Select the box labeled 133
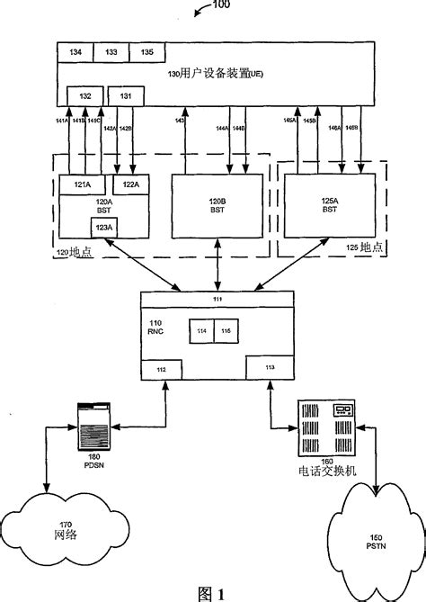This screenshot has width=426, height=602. pyautogui.click(x=111, y=53)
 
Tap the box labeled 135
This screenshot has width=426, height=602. pyautogui.click(x=146, y=53)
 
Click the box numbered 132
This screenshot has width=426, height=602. pyautogui.click(x=85, y=95)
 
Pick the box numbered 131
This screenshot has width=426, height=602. pyautogui.click(x=125, y=95)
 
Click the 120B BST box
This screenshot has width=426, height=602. pyautogui.click(x=217, y=205)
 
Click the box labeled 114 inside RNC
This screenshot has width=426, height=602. pyautogui.click(x=200, y=332)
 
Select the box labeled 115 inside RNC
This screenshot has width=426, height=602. pyautogui.click(x=226, y=332)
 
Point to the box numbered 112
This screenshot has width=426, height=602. pyautogui.click(x=161, y=369)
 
